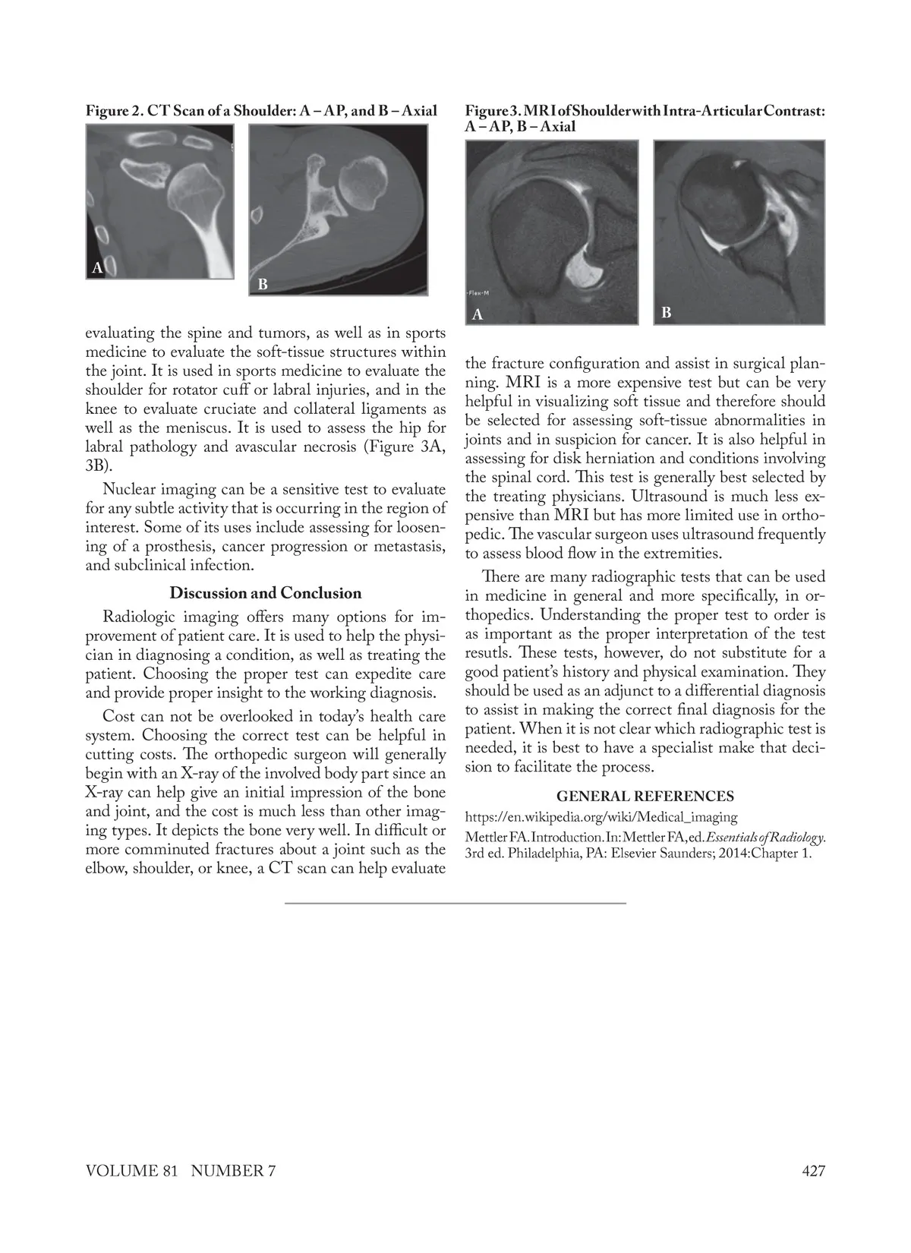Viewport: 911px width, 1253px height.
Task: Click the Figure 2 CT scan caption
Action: click(x=261, y=111)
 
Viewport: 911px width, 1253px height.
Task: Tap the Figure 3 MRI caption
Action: click(x=645, y=118)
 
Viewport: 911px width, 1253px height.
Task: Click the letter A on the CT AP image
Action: click(x=97, y=267)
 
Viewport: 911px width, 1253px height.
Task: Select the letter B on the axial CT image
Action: click(x=263, y=285)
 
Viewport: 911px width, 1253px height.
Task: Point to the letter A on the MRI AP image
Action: click(x=478, y=314)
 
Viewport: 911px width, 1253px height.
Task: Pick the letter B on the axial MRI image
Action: click(x=666, y=312)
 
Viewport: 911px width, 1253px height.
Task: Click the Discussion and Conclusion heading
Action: click(x=265, y=593)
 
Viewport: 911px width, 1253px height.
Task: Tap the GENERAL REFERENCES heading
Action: click(x=645, y=796)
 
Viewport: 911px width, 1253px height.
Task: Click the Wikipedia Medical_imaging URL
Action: click(x=601, y=817)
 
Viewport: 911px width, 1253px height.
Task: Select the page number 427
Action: click(x=813, y=1170)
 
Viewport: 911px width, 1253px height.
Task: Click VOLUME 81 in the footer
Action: click(x=131, y=1170)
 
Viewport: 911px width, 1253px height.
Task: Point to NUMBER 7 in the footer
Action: click(x=233, y=1170)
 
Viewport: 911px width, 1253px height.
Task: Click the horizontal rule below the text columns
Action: click(x=455, y=903)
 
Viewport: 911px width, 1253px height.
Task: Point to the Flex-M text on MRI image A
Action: click(x=477, y=292)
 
